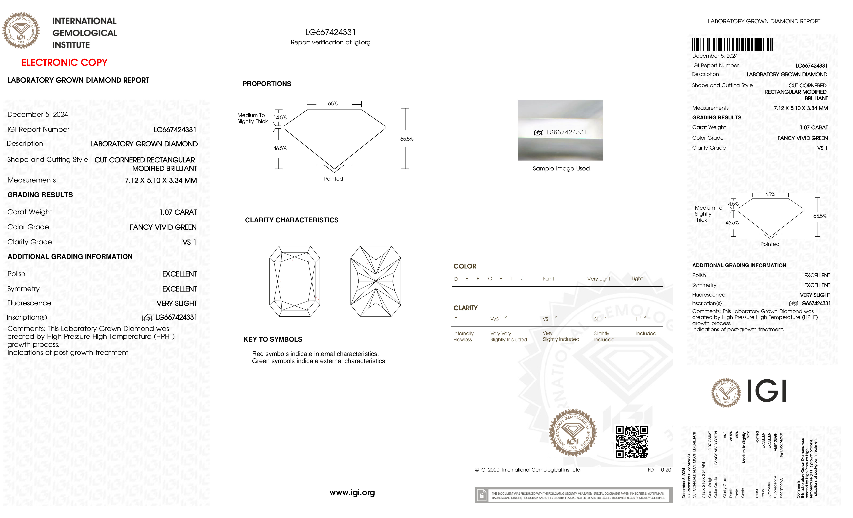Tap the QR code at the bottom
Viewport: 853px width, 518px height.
631,442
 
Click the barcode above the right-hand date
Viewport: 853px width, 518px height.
732,45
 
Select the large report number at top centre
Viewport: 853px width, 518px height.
330,32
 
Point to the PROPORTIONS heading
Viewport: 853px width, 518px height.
267,84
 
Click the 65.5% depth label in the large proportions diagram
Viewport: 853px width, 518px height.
407,139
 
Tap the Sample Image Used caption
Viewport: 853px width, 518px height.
561,169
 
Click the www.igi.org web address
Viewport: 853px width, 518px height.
352,492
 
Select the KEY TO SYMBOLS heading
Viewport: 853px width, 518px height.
273,339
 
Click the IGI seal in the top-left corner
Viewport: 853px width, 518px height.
21,30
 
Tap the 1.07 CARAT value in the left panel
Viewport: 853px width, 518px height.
178,212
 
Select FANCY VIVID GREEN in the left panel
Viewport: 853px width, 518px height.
163,227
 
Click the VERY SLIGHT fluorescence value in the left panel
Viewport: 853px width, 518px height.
177,303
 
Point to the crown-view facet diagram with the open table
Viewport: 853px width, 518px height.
295,281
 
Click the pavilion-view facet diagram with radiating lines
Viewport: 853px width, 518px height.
376,281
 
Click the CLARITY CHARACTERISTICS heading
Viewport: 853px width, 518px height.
291,220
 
